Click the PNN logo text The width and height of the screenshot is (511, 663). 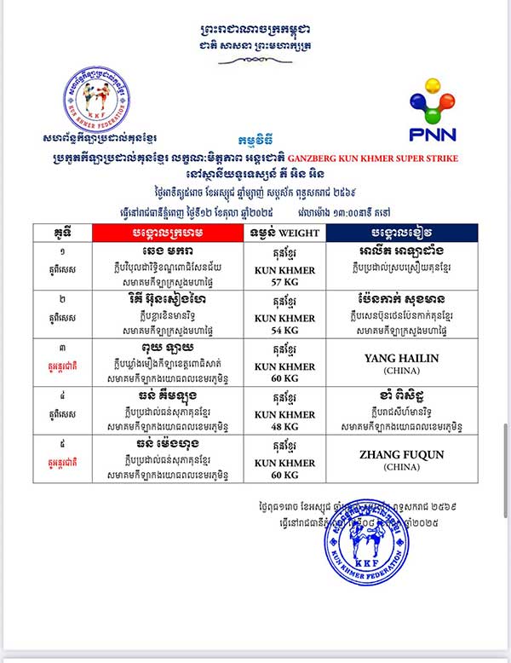(x=432, y=133)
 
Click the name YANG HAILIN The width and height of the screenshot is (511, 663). (x=401, y=359)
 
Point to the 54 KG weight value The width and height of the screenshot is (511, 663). (x=279, y=329)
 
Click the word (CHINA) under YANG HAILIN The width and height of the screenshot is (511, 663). (x=401, y=372)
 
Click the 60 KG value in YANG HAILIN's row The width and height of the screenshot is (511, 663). (x=279, y=377)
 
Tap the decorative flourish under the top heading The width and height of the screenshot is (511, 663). (x=255, y=61)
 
